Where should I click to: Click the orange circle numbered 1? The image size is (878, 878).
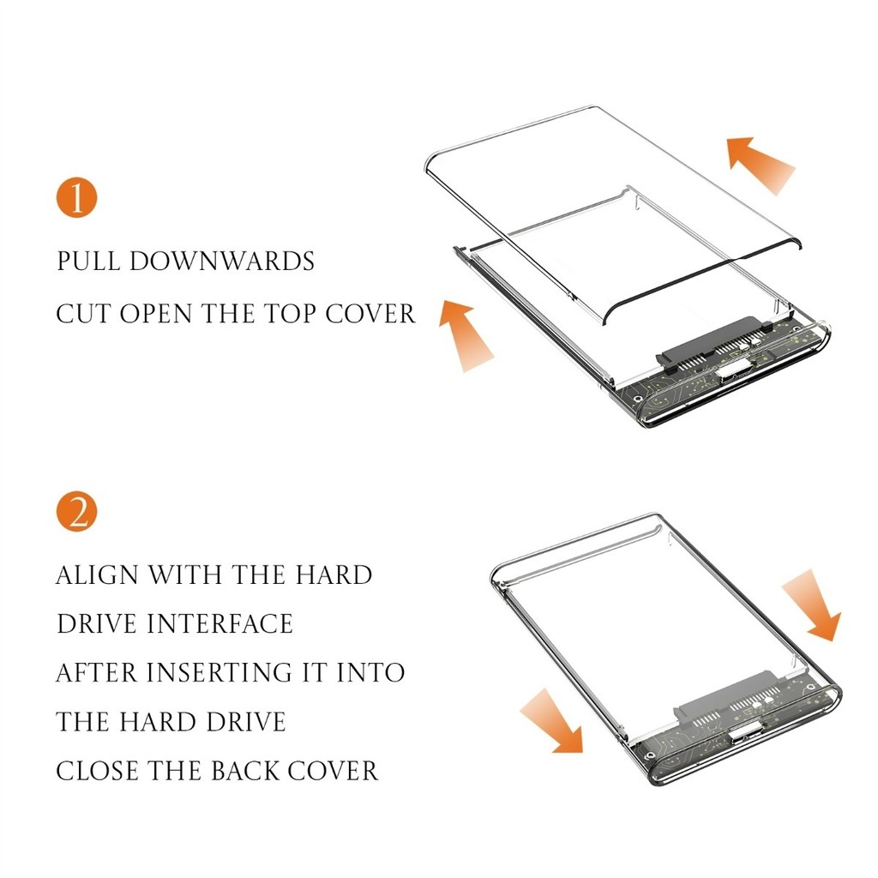click(x=76, y=198)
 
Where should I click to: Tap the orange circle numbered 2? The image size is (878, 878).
click(x=76, y=511)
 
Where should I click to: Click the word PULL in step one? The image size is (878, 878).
click(x=88, y=262)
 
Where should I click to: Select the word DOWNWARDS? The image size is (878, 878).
click(x=222, y=262)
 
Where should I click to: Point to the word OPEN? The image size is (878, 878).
click(x=156, y=314)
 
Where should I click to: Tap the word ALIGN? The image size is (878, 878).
click(x=98, y=575)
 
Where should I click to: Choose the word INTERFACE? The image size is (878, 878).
click(x=219, y=624)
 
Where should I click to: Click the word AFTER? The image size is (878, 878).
click(x=97, y=672)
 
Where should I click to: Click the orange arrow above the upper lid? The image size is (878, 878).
click(x=761, y=164)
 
